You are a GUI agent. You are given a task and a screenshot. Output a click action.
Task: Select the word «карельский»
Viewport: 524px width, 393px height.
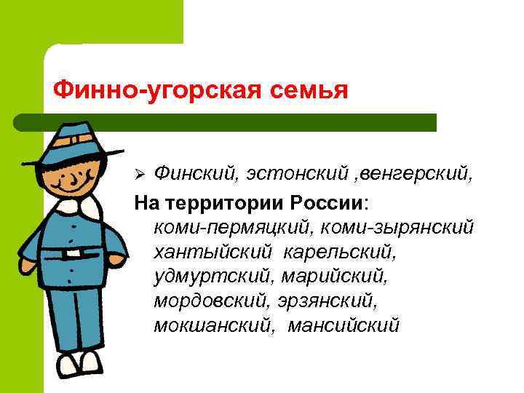[x=339, y=252]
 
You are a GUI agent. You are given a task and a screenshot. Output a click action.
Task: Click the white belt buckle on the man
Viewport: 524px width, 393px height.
[x=72, y=254]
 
